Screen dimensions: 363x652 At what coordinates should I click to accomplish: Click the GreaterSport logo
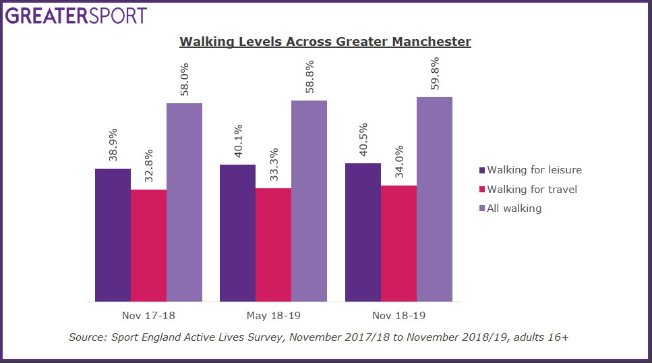(x=76, y=15)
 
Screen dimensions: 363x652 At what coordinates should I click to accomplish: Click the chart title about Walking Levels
(x=325, y=42)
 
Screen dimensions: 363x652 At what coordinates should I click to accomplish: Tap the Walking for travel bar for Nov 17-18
(x=148, y=246)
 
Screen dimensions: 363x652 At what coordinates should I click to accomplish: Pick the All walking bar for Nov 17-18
(x=184, y=202)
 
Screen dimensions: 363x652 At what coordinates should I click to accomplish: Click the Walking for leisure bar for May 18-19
(x=237, y=233)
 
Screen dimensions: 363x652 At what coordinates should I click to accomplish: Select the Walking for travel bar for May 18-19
(x=273, y=244)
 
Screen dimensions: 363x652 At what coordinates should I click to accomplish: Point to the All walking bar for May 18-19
(x=309, y=201)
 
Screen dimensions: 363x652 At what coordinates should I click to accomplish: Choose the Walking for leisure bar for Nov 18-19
(x=363, y=232)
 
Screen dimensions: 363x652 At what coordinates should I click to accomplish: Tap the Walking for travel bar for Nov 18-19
(x=398, y=243)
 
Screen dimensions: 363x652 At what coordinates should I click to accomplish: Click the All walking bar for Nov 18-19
(x=434, y=199)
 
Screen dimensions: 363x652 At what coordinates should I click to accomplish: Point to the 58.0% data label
(x=184, y=80)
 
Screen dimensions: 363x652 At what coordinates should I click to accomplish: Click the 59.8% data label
(x=434, y=74)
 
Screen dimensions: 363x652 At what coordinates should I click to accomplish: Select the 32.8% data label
(x=148, y=167)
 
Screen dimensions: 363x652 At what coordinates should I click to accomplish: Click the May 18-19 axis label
(x=273, y=315)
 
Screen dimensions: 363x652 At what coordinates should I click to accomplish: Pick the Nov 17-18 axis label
(x=148, y=315)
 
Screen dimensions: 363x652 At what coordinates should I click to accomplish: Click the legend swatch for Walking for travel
(x=481, y=190)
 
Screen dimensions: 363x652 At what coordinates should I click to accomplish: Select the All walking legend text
(x=514, y=208)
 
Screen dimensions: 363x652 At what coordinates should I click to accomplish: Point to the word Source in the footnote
(x=86, y=336)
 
